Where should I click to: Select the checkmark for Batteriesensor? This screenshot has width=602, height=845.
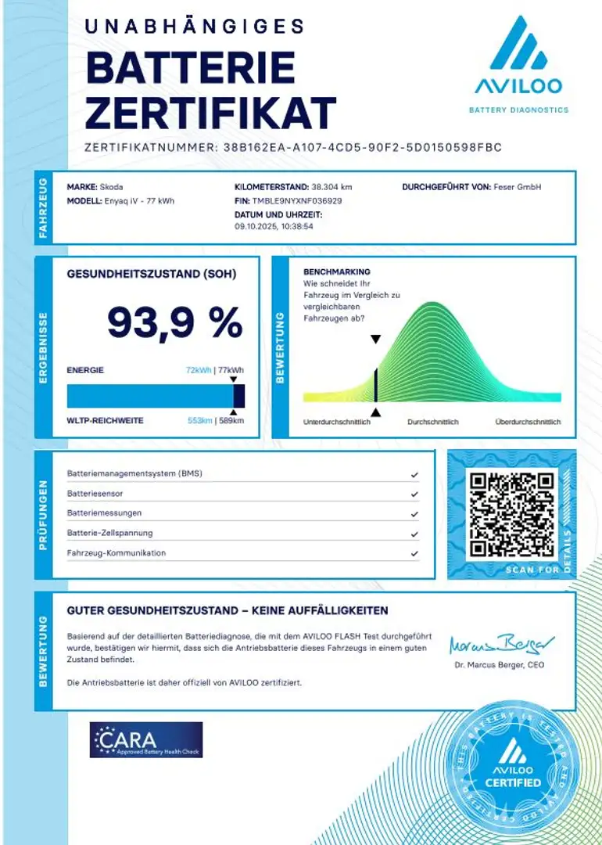coord(414,494)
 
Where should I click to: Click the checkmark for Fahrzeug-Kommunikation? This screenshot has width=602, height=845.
coord(414,553)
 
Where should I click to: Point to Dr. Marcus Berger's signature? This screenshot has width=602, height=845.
coord(501,645)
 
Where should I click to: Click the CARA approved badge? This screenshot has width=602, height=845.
coord(146,739)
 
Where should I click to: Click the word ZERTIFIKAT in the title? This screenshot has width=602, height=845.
coord(210,113)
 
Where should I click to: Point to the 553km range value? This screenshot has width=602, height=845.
coord(200,421)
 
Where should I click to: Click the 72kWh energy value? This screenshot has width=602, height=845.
coord(199,370)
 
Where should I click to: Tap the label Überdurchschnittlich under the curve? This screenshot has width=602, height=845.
coord(528,422)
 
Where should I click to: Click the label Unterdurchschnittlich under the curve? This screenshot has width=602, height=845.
coord(336,422)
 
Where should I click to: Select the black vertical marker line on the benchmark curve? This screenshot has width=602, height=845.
coord(376,385)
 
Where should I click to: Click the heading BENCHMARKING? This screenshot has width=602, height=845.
coord(331,271)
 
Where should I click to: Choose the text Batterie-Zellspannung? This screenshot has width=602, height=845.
coord(110,534)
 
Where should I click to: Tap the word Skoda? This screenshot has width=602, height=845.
coord(111,188)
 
